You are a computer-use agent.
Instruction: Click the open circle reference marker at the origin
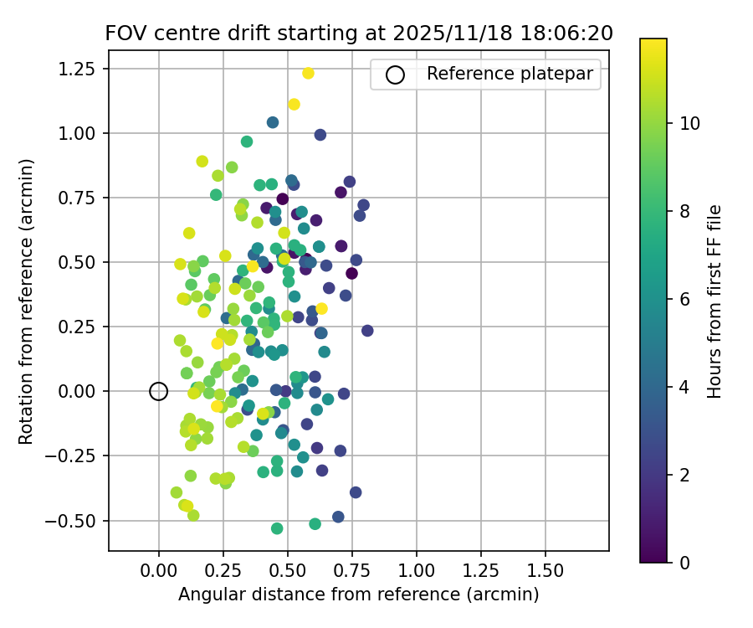point(159,391)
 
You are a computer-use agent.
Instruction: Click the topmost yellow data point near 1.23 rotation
point(308,74)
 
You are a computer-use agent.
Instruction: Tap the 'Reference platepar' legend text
point(510,74)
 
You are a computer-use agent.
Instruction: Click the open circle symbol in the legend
point(395,75)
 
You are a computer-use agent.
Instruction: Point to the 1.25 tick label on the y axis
point(83,69)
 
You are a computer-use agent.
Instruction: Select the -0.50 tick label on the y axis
point(79,520)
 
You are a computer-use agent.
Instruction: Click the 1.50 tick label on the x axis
point(546,572)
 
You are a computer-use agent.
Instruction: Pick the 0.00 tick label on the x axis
point(159,572)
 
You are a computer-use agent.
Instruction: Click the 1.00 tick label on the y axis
point(83,133)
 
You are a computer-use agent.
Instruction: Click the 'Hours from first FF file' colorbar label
point(715,301)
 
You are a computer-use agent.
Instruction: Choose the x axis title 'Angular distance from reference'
point(358,595)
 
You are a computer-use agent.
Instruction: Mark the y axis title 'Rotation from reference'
point(27,300)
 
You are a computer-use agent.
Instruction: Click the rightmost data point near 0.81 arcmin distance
point(367,331)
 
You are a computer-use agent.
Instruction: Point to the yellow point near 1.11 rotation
point(294,105)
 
